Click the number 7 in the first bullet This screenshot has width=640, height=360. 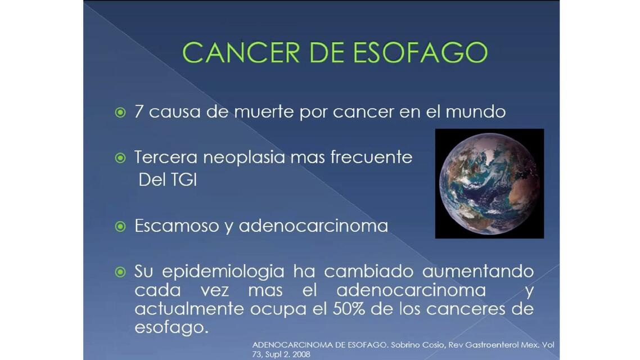tap(138, 112)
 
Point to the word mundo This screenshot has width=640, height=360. tap(475, 112)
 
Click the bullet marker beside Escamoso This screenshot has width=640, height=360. tap(120, 226)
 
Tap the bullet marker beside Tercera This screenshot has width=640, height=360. tap(120, 158)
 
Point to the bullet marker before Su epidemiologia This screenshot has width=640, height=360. tap(120, 272)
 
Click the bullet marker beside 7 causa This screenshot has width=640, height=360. tap(120, 112)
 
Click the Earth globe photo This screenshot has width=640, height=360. tap(489, 183)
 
